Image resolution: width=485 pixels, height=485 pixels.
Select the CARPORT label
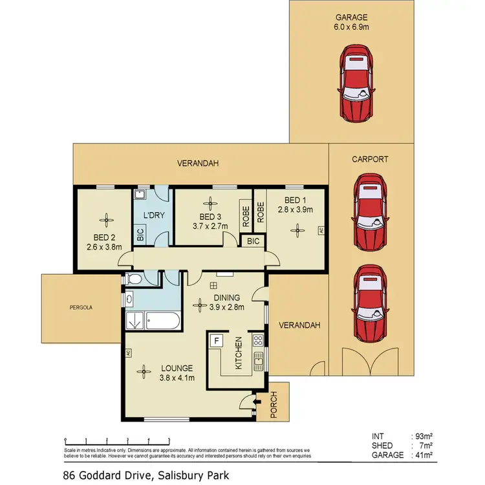tap(370, 158)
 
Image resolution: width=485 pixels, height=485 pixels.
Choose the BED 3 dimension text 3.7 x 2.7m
tap(211, 226)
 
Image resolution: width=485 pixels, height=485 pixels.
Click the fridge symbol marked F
tap(217, 339)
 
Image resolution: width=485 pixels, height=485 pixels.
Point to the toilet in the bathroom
tap(134, 279)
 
